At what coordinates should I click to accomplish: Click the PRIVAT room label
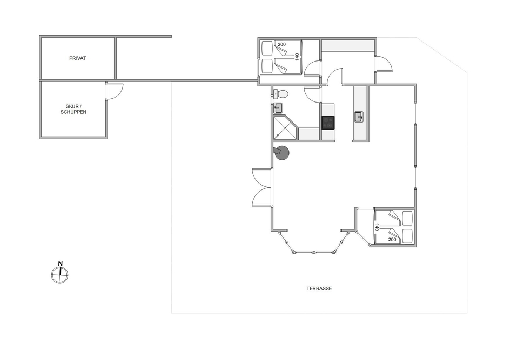point(77,58)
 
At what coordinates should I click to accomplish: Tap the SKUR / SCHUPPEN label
point(73,110)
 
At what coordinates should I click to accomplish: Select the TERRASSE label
point(319,289)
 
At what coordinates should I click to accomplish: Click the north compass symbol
point(59,275)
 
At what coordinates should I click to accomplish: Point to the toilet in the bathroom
point(280,94)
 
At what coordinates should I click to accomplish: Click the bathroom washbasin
point(278,108)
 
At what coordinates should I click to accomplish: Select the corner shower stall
point(286,127)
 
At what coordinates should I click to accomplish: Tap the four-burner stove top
point(328,123)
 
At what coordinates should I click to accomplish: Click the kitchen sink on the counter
point(359,117)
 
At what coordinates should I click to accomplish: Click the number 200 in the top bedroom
point(281,44)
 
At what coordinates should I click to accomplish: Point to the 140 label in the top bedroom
point(297,57)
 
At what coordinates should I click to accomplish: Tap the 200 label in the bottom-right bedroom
point(392,240)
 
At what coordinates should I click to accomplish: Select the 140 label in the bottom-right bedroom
point(377,227)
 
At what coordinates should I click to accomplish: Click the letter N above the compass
point(61,263)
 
